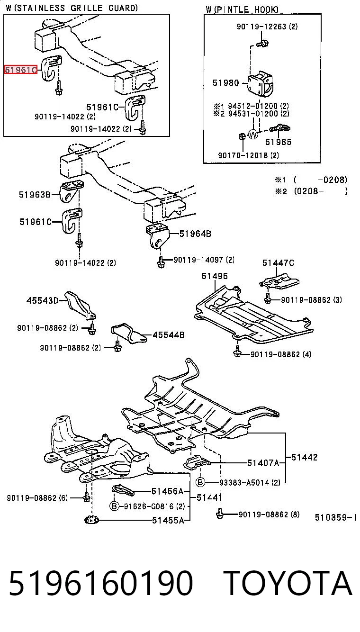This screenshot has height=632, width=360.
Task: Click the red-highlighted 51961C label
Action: click(21, 70)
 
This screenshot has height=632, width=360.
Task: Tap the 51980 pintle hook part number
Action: click(225, 82)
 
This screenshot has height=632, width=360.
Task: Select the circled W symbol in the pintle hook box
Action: click(253, 134)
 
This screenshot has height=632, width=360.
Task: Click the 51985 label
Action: click(278, 142)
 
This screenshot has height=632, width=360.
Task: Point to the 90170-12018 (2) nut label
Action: click(249, 155)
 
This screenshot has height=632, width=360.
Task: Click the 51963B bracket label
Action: click(35, 194)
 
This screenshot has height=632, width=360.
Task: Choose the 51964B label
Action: click(195, 234)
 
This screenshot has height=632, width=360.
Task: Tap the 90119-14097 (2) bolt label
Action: click(204, 260)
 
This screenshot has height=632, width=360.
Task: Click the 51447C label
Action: click(278, 262)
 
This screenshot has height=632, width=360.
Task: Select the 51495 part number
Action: click(215, 276)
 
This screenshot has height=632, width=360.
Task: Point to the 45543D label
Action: click(42, 300)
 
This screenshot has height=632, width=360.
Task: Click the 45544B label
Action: click(169, 335)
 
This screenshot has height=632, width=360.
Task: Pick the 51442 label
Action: click(305, 457)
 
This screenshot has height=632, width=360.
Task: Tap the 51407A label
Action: click(263, 463)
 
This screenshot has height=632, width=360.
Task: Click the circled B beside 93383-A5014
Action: click(200, 482)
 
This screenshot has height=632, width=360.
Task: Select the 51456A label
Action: click(168, 491)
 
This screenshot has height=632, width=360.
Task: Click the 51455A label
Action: click(168, 520)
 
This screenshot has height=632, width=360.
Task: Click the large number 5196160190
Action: click(101, 582)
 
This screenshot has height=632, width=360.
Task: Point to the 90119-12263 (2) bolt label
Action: click(267, 27)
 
